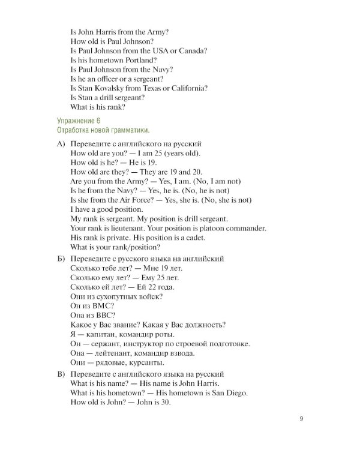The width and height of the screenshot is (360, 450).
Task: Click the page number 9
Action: [x=301, y=420]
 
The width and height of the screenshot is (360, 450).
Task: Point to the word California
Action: [x=187, y=88]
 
